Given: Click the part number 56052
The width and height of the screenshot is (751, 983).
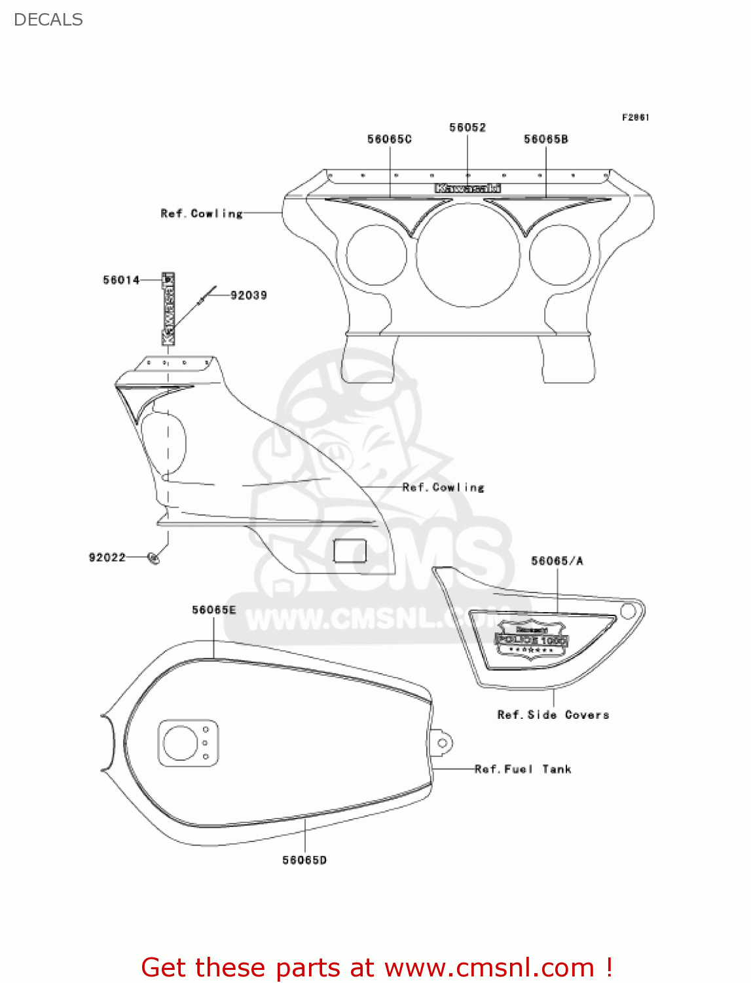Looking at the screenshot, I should pyautogui.click(x=467, y=128).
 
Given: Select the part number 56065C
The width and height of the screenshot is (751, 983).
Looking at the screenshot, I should pyautogui.click(x=390, y=139).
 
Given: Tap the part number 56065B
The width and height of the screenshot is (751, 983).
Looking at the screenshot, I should pyautogui.click(x=546, y=139).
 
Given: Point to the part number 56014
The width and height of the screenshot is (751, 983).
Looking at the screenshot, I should pyautogui.click(x=121, y=280).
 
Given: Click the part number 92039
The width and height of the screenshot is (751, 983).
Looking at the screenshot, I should pyautogui.click(x=249, y=296).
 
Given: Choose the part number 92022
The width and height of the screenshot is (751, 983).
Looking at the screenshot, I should pyautogui.click(x=107, y=558).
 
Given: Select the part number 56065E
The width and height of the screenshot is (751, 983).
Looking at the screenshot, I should pyautogui.click(x=213, y=610).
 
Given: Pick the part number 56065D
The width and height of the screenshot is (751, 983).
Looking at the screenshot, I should pyautogui.click(x=304, y=860).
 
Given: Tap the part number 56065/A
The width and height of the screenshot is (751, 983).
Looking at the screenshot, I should pyautogui.click(x=557, y=561).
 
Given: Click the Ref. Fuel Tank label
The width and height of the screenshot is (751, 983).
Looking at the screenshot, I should pyautogui.click(x=523, y=769).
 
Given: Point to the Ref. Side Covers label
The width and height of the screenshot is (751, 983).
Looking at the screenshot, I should pyautogui.click(x=553, y=715).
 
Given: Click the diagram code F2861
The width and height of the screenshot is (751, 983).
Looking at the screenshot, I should pyautogui.click(x=635, y=117).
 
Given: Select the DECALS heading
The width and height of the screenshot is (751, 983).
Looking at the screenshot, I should pyautogui.click(x=48, y=20).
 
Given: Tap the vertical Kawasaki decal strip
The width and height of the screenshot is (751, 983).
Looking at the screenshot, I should pyautogui.click(x=168, y=309).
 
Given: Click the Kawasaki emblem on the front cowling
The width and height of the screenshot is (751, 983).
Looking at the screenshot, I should pyautogui.click(x=468, y=189).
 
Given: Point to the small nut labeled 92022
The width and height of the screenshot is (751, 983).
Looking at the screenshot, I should pyautogui.click(x=154, y=558).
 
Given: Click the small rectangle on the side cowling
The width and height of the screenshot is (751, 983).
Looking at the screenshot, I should pyautogui.click(x=350, y=550).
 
